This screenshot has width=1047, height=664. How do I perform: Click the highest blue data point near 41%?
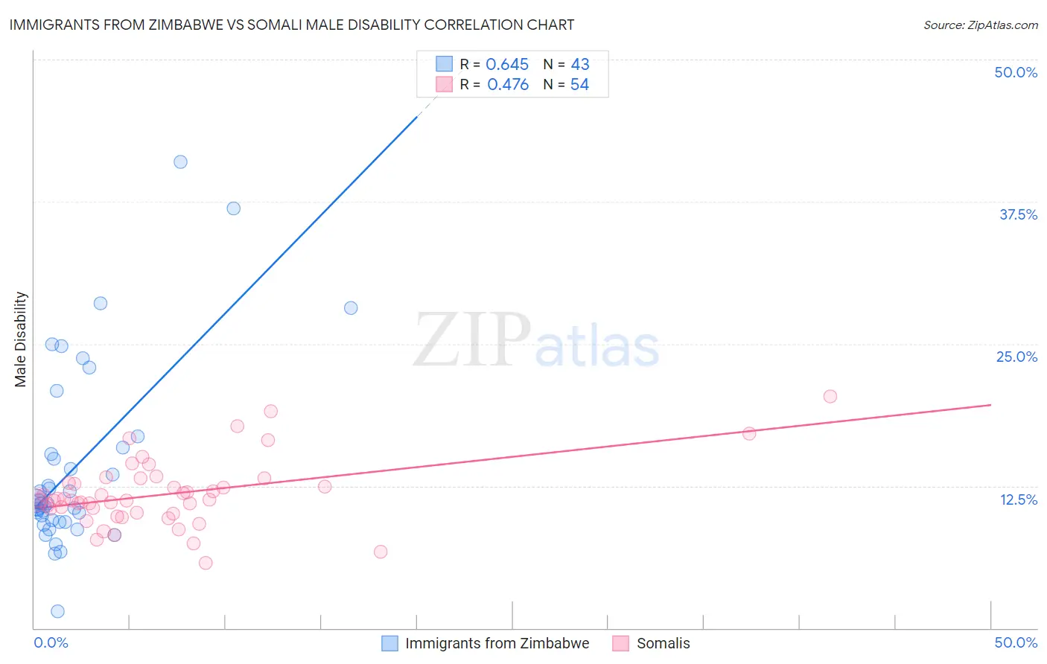[x=180, y=162]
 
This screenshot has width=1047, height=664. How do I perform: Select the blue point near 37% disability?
[x=234, y=208]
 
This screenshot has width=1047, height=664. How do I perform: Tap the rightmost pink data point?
[x=830, y=396]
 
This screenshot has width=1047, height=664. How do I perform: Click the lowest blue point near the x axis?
[x=57, y=611]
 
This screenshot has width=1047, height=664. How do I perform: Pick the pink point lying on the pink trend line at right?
[x=749, y=433]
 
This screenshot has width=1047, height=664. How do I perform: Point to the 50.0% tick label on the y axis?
[x=1016, y=72]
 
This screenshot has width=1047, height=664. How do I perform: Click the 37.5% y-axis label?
[x=1018, y=214]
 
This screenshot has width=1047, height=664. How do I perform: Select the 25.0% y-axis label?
[x=1016, y=357]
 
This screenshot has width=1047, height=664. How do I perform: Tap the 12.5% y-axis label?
[x=1018, y=499]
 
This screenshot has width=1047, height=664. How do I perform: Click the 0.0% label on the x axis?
[x=51, y=642]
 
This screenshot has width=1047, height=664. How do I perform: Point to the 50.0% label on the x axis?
[x=1016, y=642]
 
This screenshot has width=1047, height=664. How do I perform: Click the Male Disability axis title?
[x=21, y=339]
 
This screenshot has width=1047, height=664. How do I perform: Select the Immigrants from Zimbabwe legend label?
[x=497, y=643]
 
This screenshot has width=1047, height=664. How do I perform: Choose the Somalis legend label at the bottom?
[x=663, y=643]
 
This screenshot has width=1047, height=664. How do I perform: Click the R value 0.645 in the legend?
[x=507, y=65]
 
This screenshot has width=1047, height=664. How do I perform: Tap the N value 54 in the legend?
[x=579, y=85]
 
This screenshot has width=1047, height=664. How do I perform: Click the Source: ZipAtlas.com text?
[x=980, y=25]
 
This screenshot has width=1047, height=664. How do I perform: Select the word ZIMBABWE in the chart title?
[x=188, y=25]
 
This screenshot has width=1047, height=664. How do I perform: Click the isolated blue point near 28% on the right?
[x=351, y=307]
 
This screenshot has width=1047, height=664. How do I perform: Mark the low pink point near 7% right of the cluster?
[x=381, y=552]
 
